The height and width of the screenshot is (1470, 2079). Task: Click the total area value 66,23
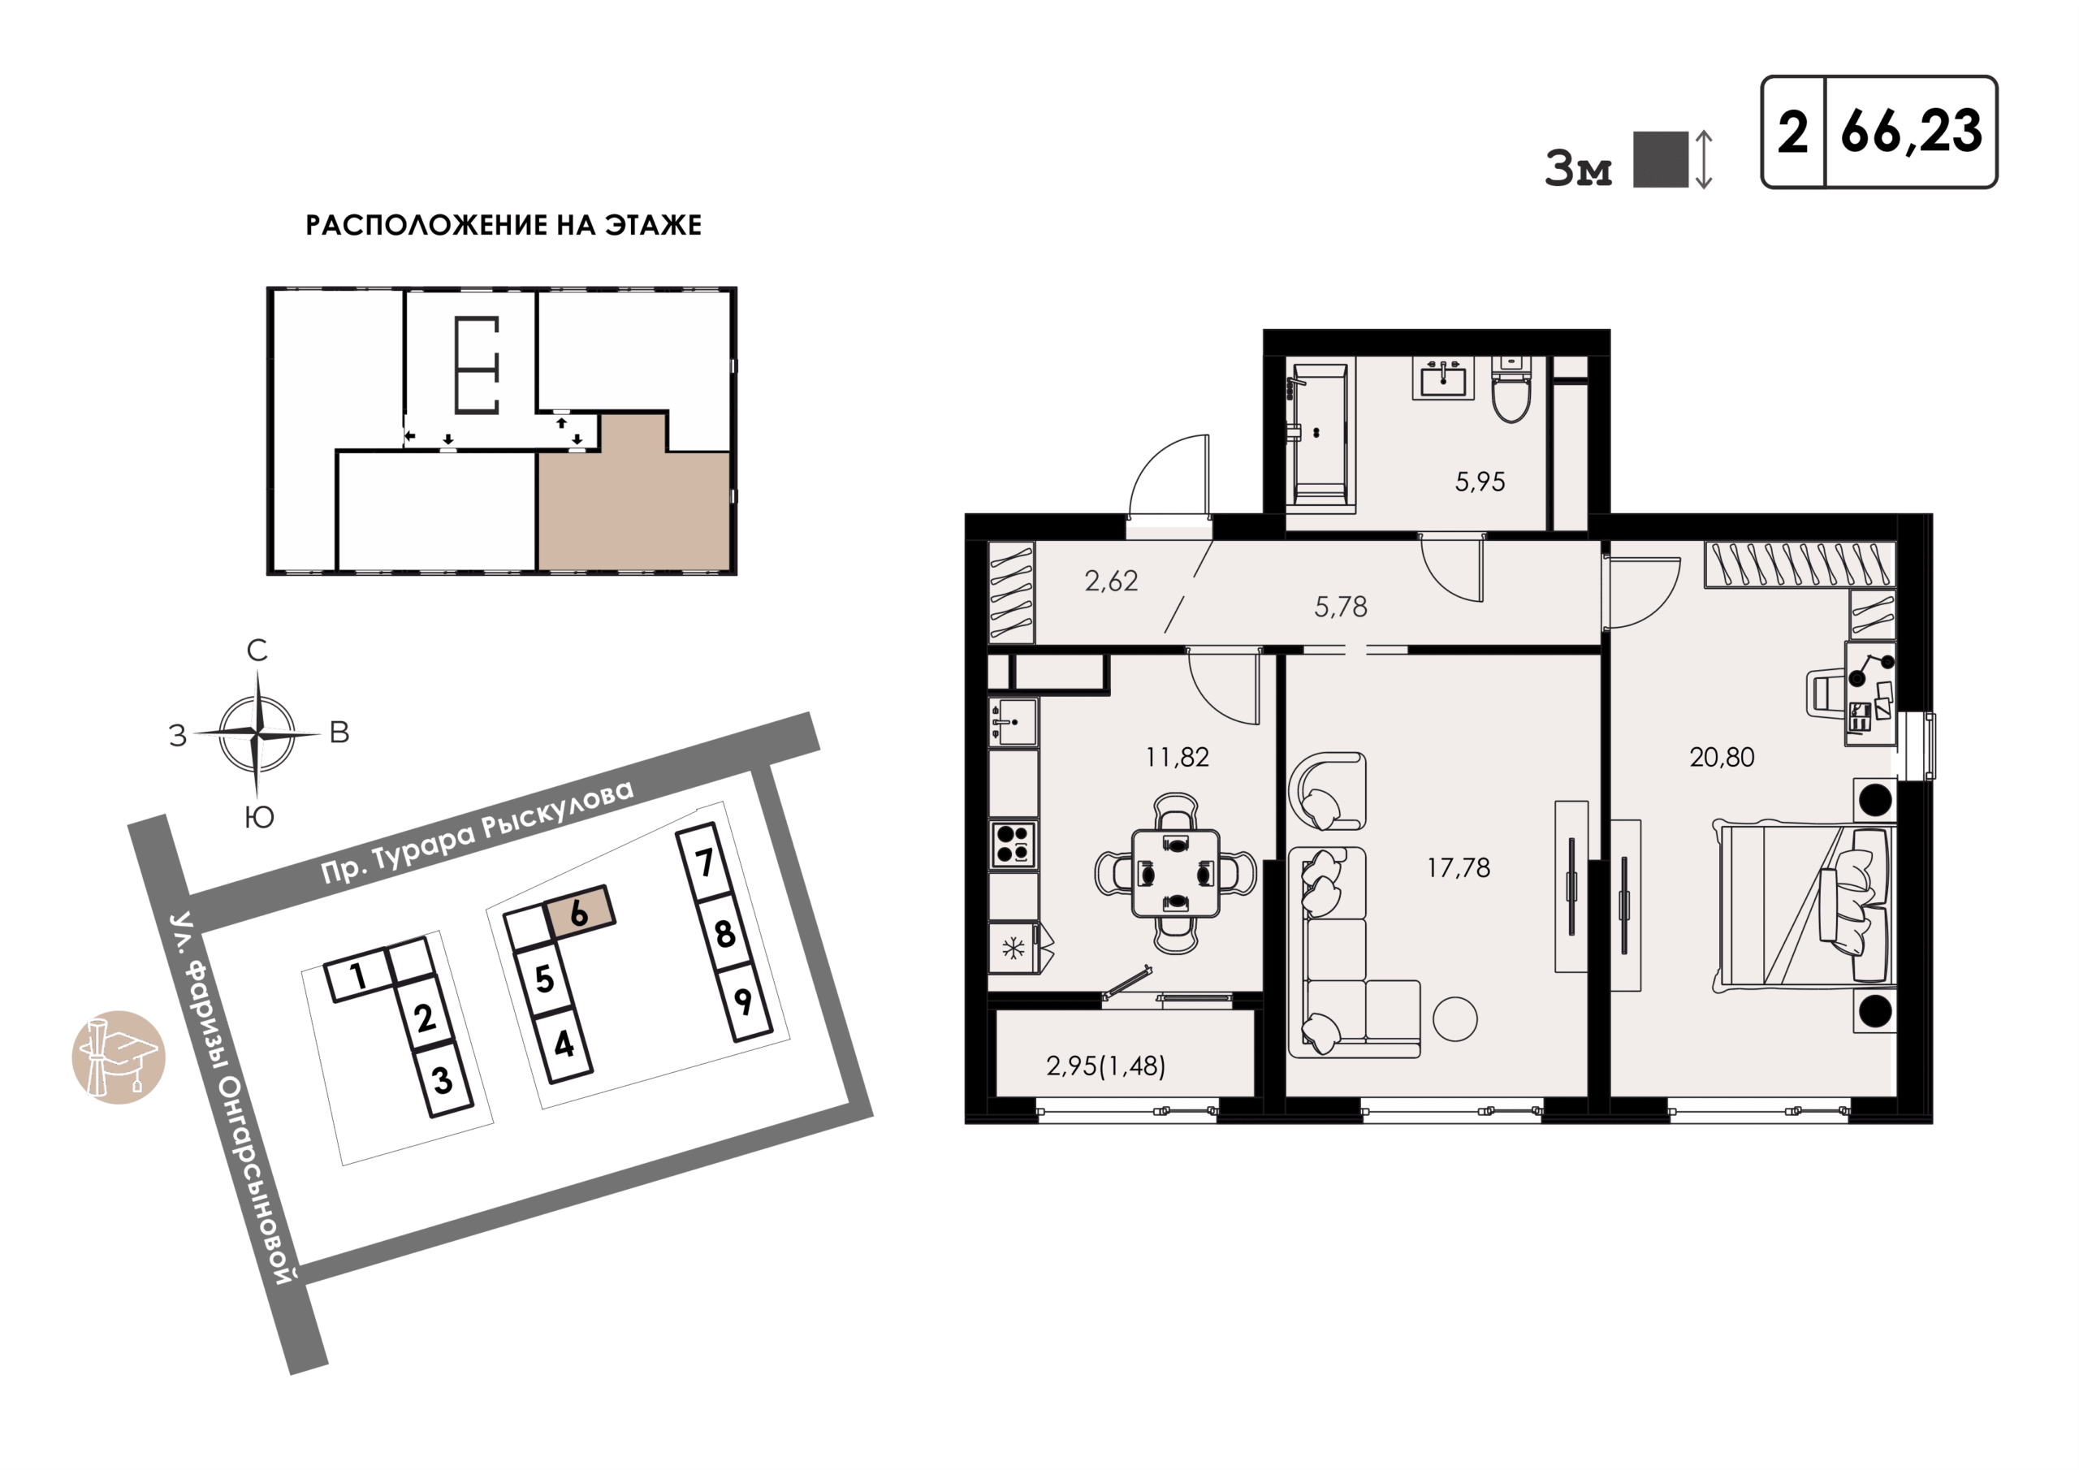click(1911, 132)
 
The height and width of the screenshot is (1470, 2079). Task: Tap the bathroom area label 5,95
click(1480, 482)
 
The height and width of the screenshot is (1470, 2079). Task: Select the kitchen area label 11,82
click(1176, 757)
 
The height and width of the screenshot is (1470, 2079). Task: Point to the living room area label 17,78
click(1458, 868)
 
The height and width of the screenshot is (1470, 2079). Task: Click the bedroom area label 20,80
click(1722, 757)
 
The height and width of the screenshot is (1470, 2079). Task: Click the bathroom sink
click(1443, 378)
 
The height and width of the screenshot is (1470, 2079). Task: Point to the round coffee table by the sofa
click(1455, 1019)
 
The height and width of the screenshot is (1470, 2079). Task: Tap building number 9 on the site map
click(743, 1001)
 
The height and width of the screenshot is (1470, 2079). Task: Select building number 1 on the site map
click(359, 976)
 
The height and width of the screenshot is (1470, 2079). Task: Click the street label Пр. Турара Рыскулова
click(478, 832)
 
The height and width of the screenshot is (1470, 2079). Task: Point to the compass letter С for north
click(257, 651)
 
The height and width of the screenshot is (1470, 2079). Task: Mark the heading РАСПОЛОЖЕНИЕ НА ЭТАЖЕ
click(504, 226)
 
